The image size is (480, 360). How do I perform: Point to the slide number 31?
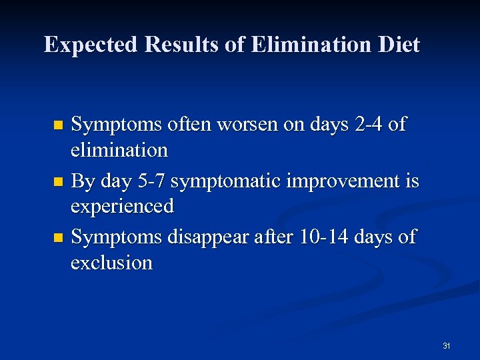446,345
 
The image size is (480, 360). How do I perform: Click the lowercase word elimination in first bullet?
119,150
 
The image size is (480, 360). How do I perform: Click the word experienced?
122,206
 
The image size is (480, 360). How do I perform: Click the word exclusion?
111,262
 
